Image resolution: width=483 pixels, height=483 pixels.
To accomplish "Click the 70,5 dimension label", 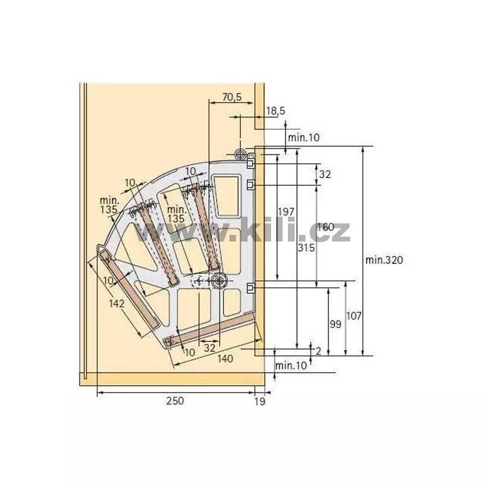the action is [x=232, y=97].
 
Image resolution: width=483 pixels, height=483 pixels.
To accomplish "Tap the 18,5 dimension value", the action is [x=276, y=111].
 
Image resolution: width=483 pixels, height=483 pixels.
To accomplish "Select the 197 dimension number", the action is [x=286, y=212].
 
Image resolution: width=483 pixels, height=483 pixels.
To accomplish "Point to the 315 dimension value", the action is [x=306, y=248].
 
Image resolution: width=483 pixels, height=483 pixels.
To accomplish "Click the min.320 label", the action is [x=384, y=260].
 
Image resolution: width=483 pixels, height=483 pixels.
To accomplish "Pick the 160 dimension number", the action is [x=325, y=228].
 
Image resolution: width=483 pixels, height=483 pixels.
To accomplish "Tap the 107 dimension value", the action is [x=354, y=316].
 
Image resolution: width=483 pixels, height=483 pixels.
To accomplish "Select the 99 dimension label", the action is [x=336, y=324].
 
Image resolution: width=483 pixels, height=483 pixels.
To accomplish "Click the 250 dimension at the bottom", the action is [x=175, y=401].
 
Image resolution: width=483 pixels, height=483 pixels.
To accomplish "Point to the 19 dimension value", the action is [x=260, y=401].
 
